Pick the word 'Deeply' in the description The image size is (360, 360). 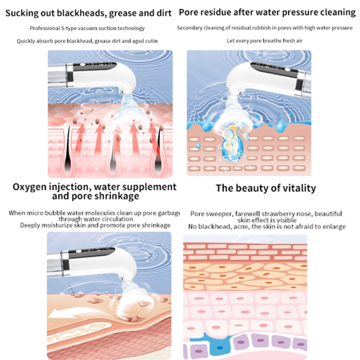click(31, 225)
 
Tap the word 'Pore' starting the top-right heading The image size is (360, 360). click(190, 12)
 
